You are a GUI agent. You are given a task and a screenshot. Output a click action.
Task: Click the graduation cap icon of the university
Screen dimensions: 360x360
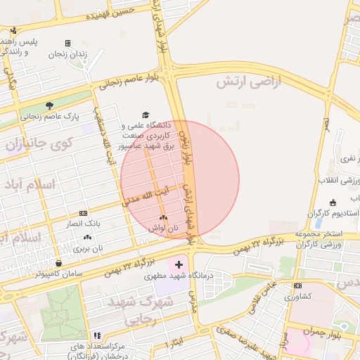coord(146,114)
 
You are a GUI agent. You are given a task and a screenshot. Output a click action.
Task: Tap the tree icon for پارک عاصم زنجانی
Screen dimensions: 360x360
coord(50,105)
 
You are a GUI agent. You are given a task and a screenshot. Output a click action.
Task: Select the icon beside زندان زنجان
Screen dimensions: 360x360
coord(67,43)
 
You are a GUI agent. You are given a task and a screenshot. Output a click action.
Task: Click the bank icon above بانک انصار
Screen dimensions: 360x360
coord(84,213)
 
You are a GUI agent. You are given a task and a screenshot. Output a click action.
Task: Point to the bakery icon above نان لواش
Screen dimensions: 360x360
coord(163,218)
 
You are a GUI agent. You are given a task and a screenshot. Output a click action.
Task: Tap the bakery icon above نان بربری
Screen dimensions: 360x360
coord(88,238)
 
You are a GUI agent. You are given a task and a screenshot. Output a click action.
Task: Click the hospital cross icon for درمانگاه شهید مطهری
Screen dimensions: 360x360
coord(178,266)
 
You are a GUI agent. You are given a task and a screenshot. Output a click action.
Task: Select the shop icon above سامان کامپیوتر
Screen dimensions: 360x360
coord(58,263)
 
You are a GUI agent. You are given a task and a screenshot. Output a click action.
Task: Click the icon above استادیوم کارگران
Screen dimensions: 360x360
coord(332,202)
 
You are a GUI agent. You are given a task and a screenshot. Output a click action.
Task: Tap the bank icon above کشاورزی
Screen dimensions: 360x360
coord(298,285)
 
